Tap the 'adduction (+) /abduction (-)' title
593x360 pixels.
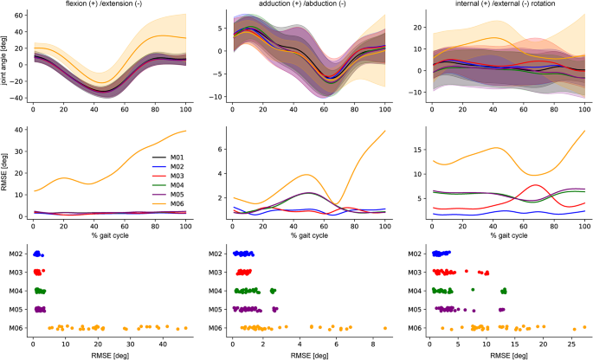[307, 5]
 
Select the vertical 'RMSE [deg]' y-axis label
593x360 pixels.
[6, 177]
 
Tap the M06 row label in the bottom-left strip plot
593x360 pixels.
[17, 328]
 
